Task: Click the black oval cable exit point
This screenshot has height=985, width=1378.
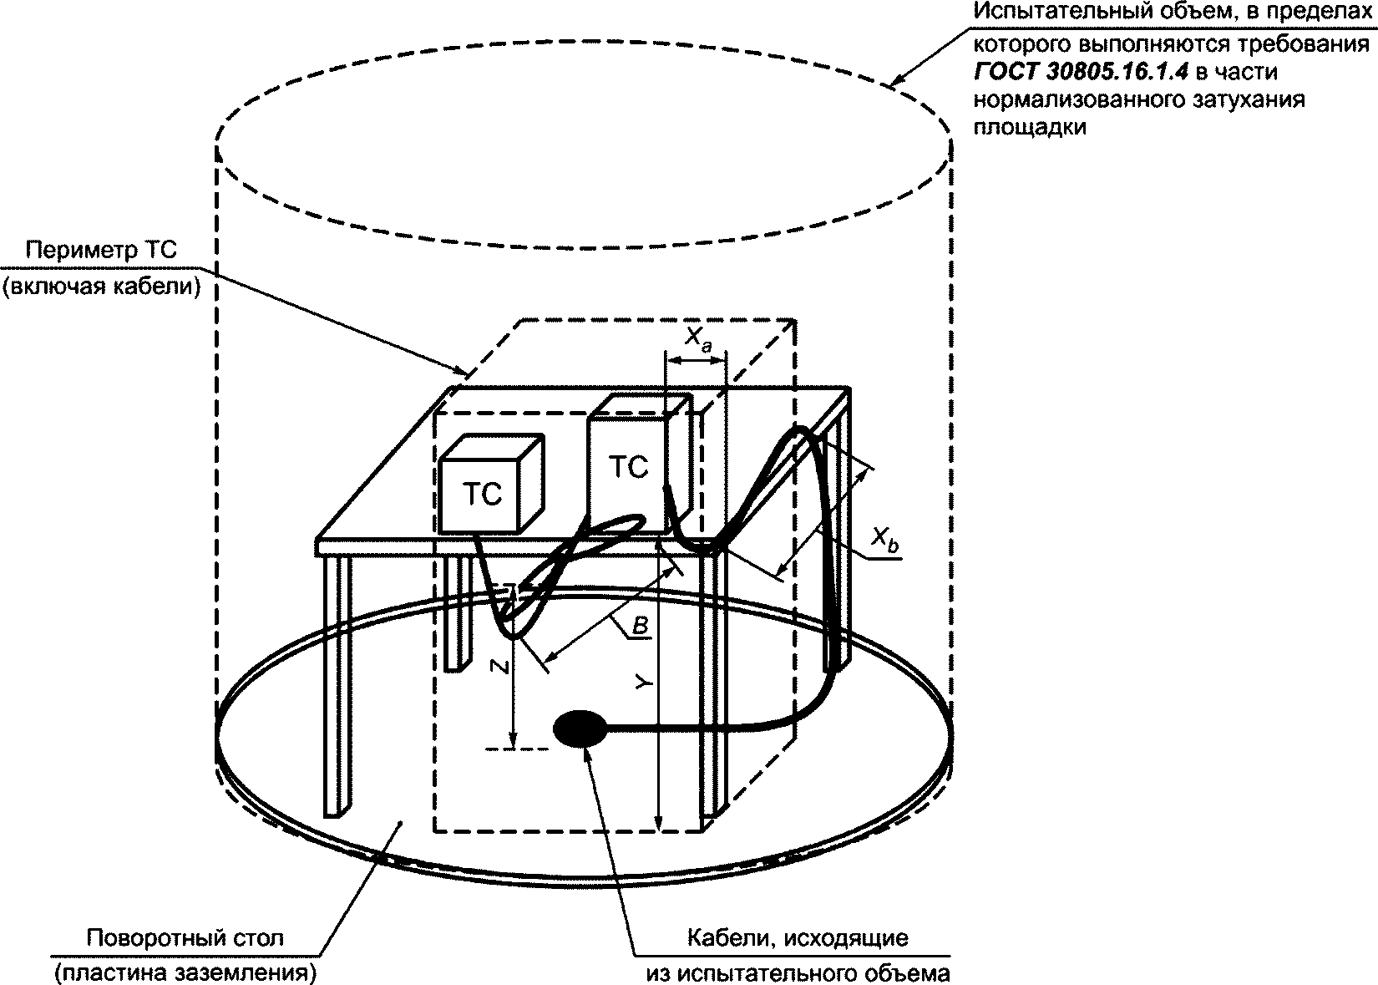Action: coord(580,729)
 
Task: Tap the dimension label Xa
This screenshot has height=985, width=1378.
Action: coord(697,338)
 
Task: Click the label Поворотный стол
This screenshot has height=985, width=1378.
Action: coord(185,937)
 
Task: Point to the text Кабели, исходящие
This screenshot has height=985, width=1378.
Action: coord(797,937)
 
